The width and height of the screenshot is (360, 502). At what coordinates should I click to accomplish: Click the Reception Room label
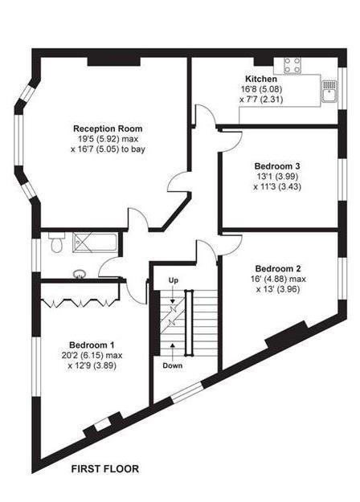click(x=108, y=129)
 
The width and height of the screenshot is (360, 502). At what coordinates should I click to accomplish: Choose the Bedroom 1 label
click(x=92, y=340)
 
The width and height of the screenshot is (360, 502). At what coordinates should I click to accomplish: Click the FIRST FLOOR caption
click(x=105, y=467)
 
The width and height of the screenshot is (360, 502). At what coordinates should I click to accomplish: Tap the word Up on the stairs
click(x=173, y=279)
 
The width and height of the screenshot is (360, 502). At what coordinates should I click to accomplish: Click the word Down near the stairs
click(x=174, y=365)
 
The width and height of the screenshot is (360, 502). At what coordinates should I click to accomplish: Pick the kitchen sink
click(x=328, y=91)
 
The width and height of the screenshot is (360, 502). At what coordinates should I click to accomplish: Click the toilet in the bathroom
click(x=56, y=243)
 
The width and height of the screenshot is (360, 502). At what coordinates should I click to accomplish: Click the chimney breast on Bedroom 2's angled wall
click(x=287, y=333)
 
